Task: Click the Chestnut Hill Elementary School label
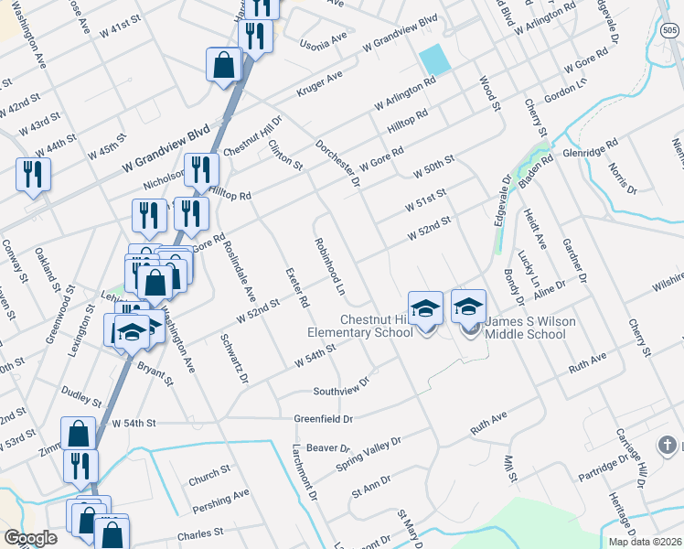click(x=377, y=327)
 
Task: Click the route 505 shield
click(x=669, y=31)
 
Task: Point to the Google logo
click(x=30, y=538)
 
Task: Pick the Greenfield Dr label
click(x=323, y=419)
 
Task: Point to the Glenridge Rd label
click(x=590, y=147)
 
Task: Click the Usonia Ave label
click(x=325, y=41)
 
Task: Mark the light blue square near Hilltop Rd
click(x=434, y=59)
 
